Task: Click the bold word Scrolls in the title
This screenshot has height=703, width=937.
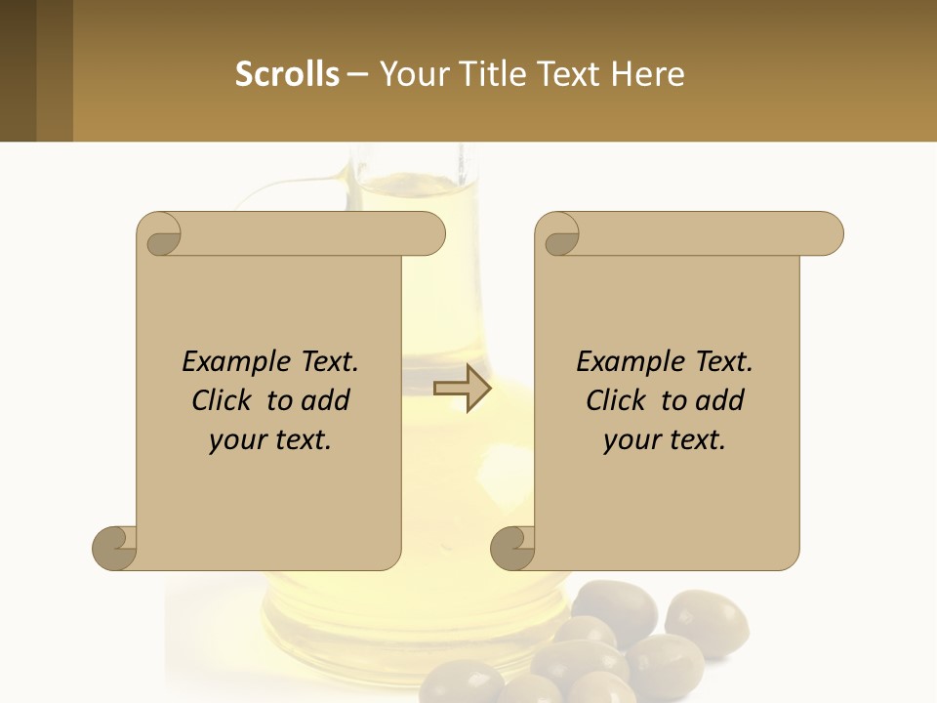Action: click(x=287, y=73)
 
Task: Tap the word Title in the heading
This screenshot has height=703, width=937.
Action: click(x=494, y=73)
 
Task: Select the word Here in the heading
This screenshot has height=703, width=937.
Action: click(x=647, y=73)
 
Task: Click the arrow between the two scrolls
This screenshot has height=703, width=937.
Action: click(x=463, y=389)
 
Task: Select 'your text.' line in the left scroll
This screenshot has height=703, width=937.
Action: click(x=270, y=439)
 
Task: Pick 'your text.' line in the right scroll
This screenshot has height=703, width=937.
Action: click(x=665, y=439)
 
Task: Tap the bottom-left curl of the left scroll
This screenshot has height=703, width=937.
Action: click(x=115, y=546)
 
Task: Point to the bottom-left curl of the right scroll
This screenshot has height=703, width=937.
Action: click(x=513, y=546)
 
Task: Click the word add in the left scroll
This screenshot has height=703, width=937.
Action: click(x=325, y=400)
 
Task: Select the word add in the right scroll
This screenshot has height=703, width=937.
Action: click(x=719, y=400)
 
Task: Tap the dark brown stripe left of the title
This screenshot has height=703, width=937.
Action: click(x=19, y=70)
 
